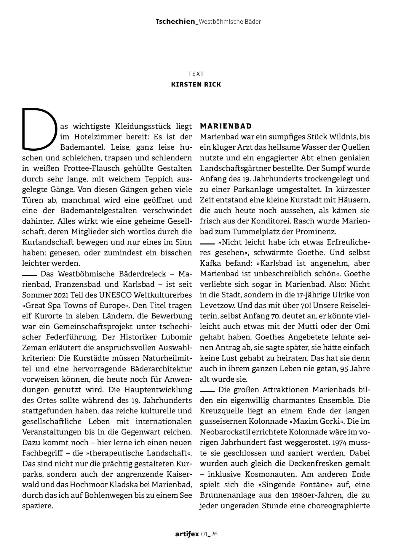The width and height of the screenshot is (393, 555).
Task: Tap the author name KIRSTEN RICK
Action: tap(196, 85)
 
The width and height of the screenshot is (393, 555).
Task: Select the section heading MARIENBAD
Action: tap(226, 126)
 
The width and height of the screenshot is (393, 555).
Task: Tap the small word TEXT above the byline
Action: tap(196, 74)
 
